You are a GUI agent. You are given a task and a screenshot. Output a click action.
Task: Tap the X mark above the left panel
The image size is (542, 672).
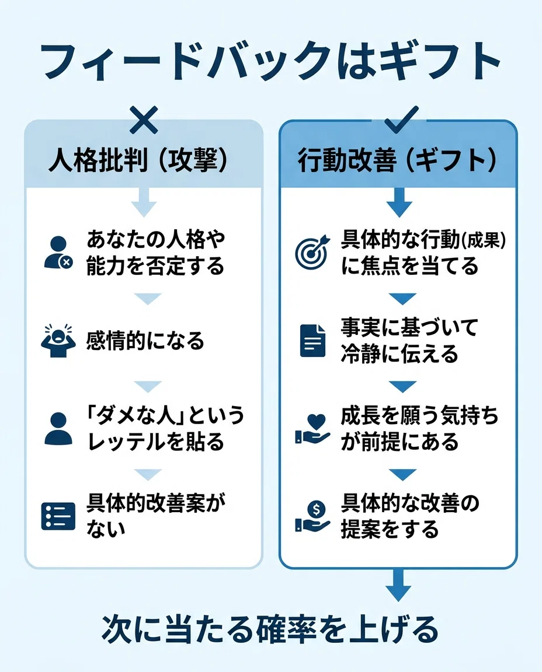tap(144, 120)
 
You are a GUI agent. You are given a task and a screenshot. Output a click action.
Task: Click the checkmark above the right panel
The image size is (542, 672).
tap(402, 119)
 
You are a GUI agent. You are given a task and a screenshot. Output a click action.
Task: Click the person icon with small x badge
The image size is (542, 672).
tap(58, 253)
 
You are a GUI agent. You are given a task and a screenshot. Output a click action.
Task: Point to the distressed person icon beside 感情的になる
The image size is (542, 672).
tap(58, 341)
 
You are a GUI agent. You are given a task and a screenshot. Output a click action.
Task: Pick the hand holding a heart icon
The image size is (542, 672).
tap(313, 429)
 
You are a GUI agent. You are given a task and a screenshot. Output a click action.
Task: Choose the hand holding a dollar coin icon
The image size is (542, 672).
tap(313, 517)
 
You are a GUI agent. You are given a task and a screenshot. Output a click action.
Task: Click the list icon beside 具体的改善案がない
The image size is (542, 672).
tap(58, 516)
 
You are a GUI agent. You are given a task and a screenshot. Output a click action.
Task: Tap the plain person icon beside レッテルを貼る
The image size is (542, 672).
tap(58, 429)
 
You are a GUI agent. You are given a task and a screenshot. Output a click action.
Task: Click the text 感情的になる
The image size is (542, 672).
tap(145, 341)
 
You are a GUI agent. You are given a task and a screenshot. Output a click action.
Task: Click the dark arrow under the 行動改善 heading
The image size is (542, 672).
tap(399, 202)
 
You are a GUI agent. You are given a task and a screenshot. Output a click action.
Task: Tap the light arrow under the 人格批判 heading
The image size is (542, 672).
tap(144, 202)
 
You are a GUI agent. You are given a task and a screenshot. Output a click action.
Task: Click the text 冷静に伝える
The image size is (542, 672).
tap(399, 355)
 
